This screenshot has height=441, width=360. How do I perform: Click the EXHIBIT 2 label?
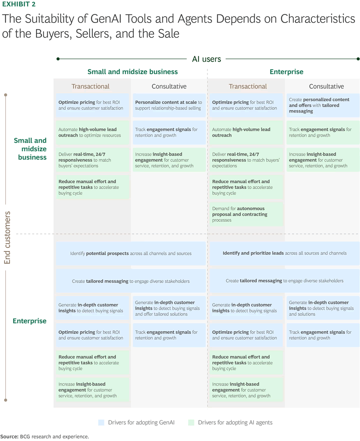pyautogui.click(x=19, y=4)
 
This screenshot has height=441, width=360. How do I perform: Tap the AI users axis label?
pyautogui.click(x=207, y=59)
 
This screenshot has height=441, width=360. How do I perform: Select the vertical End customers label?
pyautogui.click(x=7, y=238)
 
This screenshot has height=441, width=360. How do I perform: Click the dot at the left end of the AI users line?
pyautogui.click(x=58, y=59)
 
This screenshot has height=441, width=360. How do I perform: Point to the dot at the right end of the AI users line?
pyautogui.click(x=358, y=59)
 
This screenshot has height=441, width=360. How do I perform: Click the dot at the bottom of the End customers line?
pyautogui.click(x=5, y=400)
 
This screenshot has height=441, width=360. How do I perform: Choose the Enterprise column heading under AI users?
pyautogui.click(x=286, y=72)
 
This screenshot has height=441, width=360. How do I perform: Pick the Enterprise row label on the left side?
pyautogui.click(x=30, y=321)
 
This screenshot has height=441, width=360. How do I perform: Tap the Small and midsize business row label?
pyautogui.click(x=31, y=149)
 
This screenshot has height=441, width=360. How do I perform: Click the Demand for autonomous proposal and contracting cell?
pyautogui.click(x=246, y=214)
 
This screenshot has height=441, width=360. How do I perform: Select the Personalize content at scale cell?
pyautogui.click(x=169, y=105)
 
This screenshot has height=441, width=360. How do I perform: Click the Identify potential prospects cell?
pyautogui.click(x=131, y=253)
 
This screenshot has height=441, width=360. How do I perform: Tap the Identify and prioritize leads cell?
pyautogui.click(x=284, y=253)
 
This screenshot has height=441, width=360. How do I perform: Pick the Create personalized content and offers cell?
pyautogui.click(x=323, y=105)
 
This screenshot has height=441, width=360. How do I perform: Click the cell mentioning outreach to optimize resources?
pyautogui.click(x=93, y=132)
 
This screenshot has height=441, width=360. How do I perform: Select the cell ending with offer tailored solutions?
pyautogui.click(x=169, y=308)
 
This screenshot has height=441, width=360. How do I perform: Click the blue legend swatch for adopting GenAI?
pyautogui.click(x=101, y=423)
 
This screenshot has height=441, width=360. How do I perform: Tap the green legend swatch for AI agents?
pyautogui.click(x=191, y=423)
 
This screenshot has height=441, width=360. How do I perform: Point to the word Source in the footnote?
pyautogui.click(x=9, y=436)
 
